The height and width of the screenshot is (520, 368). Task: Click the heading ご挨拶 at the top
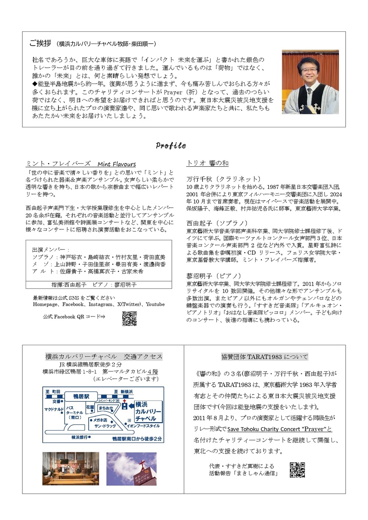pyautogui.click(x=40, y=43)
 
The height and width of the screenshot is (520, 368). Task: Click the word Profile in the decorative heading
pyautogui.click(x=171, y=145)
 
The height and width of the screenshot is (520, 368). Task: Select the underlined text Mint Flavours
pyautogui.click(x=117, y=164)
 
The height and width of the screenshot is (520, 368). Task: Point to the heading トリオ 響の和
pyautogui.click(x=208, y=163)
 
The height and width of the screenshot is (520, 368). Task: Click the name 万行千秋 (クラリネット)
pyautogui.click(x=223, y=179)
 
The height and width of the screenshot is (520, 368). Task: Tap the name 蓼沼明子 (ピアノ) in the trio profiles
pyautogui.click(x=214, y=276)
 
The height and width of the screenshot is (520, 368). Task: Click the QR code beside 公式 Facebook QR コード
pyautogui.click(x=129, y=318)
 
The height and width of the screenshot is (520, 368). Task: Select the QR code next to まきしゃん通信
pyautogui.click(x=297, y=470)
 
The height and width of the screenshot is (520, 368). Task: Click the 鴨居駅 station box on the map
pyautogui.click(x=81, y=396)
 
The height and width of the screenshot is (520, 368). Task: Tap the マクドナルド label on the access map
pyautogui.click(x=54, y=409)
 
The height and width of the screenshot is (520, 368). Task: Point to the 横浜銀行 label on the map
pyautogui.click(x=80, y=437)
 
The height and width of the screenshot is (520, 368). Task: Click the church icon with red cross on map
pyautogui.click(x=124, y=405)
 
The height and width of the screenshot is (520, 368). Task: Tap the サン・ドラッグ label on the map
pyautogui.click(x=105, y=426)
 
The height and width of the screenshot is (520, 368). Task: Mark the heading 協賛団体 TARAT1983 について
pyautogui.click(x=265, y=357)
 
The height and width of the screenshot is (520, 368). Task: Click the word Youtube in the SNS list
pyautogui.click(x=155, y=304)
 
